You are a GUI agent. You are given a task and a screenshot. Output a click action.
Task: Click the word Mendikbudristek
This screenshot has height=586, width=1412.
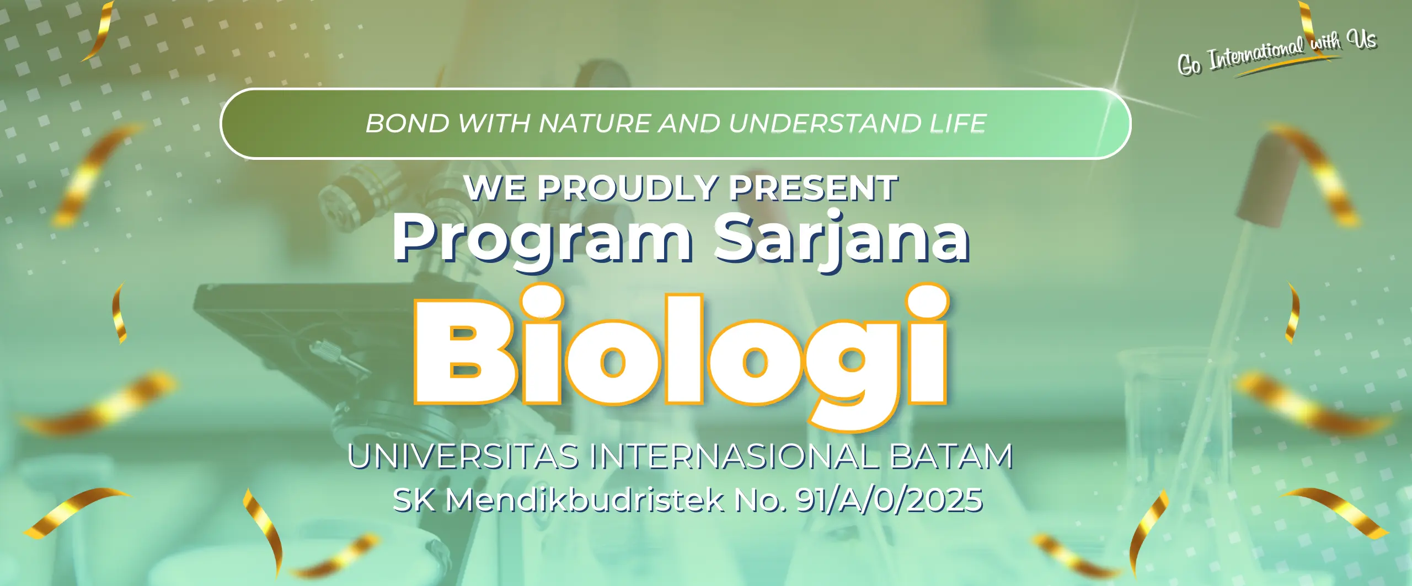(x=585, y=499)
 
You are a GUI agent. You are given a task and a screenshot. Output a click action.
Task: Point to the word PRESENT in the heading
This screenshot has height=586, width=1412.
(x=814, y=189)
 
